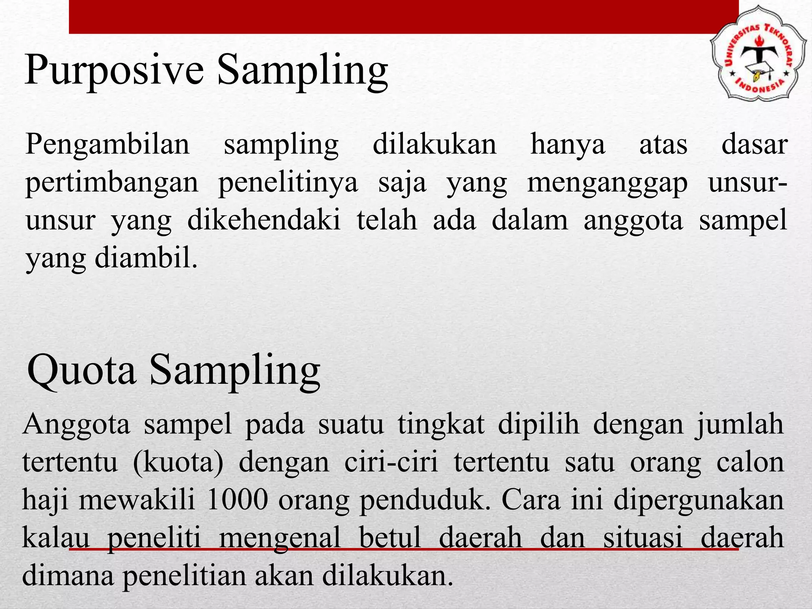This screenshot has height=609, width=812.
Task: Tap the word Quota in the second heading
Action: pyautogui.click(x=81, y=371)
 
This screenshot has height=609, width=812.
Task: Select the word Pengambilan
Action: pyautogui.click(x=107, y=145)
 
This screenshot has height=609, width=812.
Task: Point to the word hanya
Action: pyautogui.click(x=568, y=145)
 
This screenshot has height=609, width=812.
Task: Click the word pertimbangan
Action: pyautogui.click(x=112, y=183)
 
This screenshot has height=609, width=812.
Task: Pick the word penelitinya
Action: pyautogui.click(x=288, y=183)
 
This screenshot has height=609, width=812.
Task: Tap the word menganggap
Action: pyautogui.click(x=607, y=183)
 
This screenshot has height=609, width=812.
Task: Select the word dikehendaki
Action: pyautogui.click(x=264, y=221)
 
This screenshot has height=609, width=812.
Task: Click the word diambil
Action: pyautogui.click(x=146, y=259)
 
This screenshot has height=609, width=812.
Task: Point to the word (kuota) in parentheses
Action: pyautogui.click(x=178, y=463)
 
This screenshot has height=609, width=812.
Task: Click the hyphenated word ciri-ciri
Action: pyautogui.click(x=391, y=463)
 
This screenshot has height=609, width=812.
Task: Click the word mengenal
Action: pyautogui.click(x=280, y=538)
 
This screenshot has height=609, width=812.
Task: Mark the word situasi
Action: pyautogui.click(x=643, y=538)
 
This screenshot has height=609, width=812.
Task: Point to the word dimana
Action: pyautogui.click(x=67, y=576)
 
